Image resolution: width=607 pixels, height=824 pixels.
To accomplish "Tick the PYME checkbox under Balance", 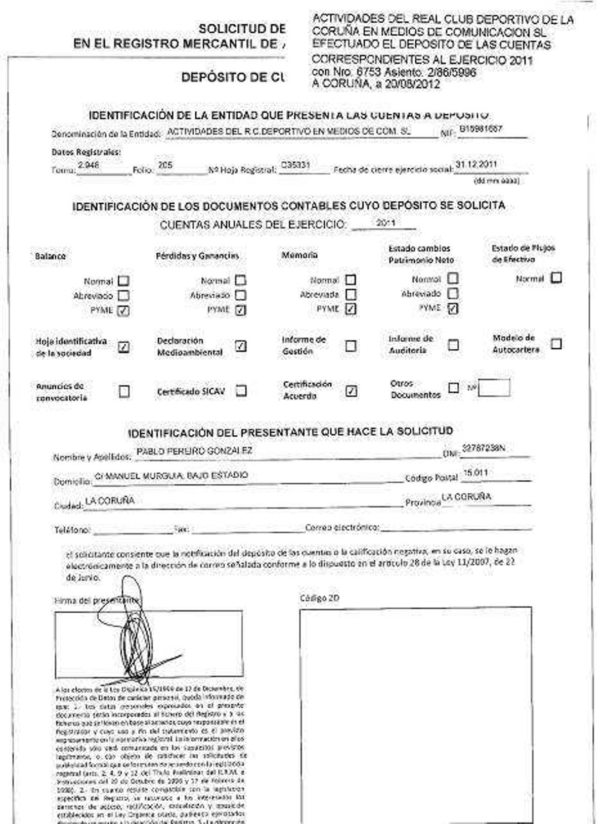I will [123, 311].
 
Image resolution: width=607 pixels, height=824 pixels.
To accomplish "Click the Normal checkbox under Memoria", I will [350, 280].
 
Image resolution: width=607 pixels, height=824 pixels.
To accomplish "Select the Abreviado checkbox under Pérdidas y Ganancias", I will [241, 295].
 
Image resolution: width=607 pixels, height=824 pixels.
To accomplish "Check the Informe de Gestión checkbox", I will [351, 346].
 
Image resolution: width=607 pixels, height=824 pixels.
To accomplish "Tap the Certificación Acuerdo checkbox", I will [351, 391].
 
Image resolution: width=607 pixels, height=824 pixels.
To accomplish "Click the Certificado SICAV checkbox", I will [241, 391].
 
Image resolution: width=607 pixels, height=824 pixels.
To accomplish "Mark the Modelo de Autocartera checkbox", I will [556, 344].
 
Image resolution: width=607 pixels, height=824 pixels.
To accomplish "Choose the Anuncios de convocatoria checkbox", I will [123, 391].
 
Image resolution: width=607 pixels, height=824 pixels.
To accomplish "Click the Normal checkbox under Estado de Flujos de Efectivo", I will [556, 278].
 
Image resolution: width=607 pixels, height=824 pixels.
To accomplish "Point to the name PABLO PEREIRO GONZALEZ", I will [194, 451].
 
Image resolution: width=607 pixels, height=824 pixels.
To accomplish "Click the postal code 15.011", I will [475, 473].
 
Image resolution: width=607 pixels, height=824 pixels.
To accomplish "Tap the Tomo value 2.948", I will [89, 165].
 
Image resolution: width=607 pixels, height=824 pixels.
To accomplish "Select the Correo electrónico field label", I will [342, 527].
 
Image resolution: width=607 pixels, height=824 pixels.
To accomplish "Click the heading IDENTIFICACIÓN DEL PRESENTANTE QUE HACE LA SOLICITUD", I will [290, 432].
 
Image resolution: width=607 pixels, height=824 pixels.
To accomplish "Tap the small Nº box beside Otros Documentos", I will [494, 388].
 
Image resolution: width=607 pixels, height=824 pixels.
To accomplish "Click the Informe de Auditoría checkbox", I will [453, 345].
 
